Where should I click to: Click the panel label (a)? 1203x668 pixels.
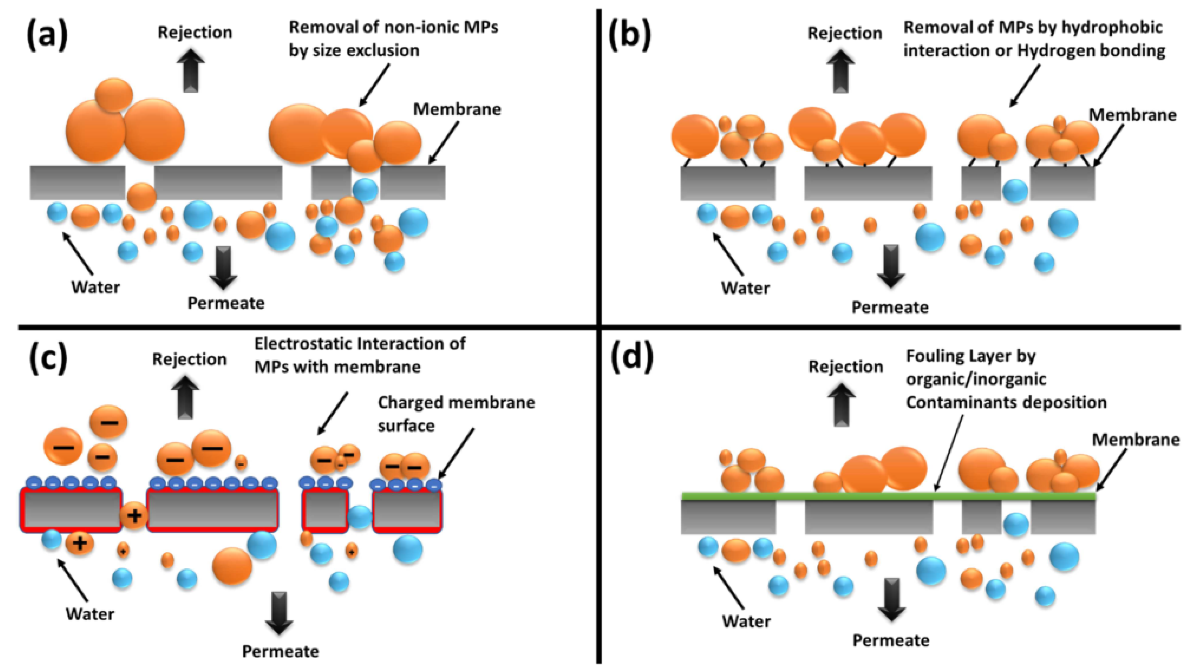click(x=47, y=35)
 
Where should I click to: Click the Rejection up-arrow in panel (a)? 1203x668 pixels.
click(x=191, y=70)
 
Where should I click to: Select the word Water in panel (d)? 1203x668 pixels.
click(x=746, y=621)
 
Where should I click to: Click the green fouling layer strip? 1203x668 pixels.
click(x=887, y=496)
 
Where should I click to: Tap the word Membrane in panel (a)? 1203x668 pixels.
click(x=457, y=109)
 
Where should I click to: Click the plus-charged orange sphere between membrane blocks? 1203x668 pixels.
click(x=135, y=516)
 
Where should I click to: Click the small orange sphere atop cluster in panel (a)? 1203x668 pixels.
click(x=114, y=95)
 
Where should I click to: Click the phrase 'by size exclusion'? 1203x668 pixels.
click(x=354, y=50)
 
